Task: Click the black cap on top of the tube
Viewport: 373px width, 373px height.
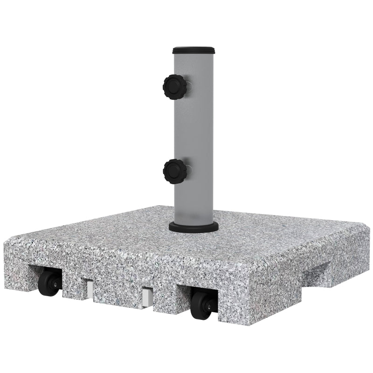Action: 193,50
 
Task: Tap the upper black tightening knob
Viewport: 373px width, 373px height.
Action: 174,87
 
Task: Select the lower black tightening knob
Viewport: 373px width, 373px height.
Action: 174,171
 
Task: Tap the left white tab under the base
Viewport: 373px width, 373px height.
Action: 88,288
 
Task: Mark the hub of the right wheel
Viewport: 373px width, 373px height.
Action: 208,306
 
